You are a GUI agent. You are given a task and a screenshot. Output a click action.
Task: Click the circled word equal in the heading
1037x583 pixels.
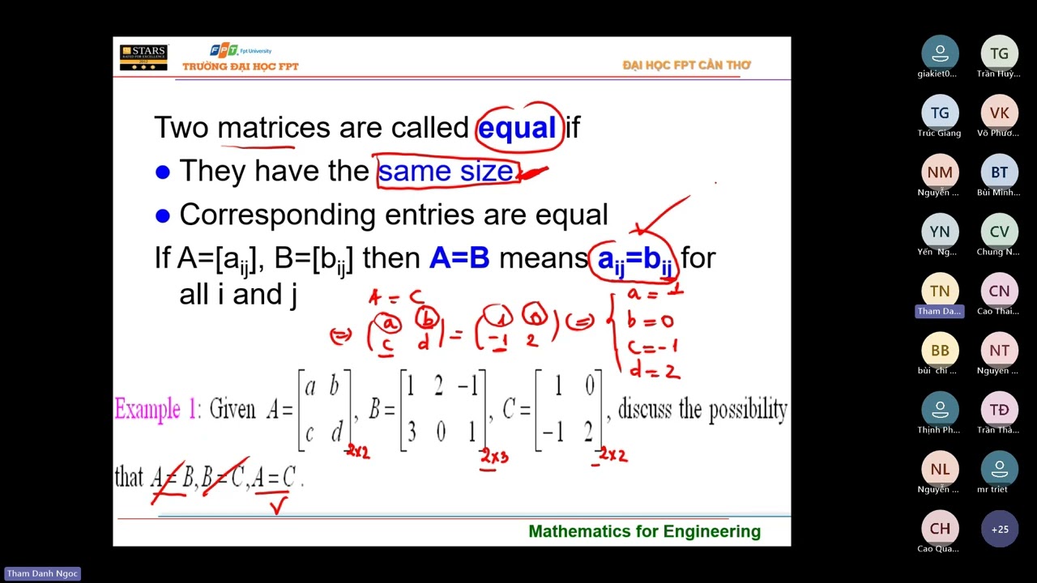pyautogui.click(x=517, y=128)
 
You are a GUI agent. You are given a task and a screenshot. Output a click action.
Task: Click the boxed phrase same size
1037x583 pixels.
pyautogui.click(x=446, y=171)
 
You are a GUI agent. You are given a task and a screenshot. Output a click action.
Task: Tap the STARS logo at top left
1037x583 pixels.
pyautogui.click(x=143, y=57)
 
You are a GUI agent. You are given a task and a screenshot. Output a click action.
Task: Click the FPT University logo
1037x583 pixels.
pyautogui.click(x=240, y=51)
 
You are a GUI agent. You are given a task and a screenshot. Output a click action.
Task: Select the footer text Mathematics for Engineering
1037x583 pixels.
pyautogui.click(x=644, y=531)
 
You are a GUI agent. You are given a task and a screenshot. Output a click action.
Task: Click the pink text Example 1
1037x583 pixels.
pyautogui.click(x=157, y=409)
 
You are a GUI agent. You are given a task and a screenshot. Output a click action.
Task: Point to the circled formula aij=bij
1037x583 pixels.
pyautogui.click(x=634, y=259)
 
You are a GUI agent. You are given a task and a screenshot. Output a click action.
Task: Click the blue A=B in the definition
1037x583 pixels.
pyautogui.click(x=459, y=258)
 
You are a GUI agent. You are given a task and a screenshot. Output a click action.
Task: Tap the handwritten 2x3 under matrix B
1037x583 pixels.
pyautogui.click(x=493, y=457)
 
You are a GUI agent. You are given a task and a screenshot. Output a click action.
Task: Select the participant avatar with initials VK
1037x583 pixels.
pyautogui.click(x=999, y=113)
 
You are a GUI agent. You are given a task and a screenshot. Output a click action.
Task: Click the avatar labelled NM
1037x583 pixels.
pyautogui.click(x=940, y=172)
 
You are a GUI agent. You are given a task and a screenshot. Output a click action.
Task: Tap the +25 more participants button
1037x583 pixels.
pyautogui.click(x=999, y=529)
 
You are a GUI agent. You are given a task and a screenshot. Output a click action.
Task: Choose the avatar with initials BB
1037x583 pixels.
pyautogui.click(x=940, y=350)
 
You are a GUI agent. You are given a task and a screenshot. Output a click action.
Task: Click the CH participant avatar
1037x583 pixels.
pyautogui.click(x=940, y=528)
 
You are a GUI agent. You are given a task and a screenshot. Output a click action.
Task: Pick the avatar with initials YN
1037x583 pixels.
pyautogui.click(x=940, y=232)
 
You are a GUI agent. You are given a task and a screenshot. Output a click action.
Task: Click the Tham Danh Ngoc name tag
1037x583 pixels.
pyautogui.click(x=42, y=573)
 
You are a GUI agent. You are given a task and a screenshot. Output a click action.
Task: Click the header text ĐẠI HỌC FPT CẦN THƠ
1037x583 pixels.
pyautogui.click(x=686, y=65)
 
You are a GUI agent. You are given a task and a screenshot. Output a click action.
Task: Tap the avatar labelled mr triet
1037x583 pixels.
pyautogui.click(x=999, y=469)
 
